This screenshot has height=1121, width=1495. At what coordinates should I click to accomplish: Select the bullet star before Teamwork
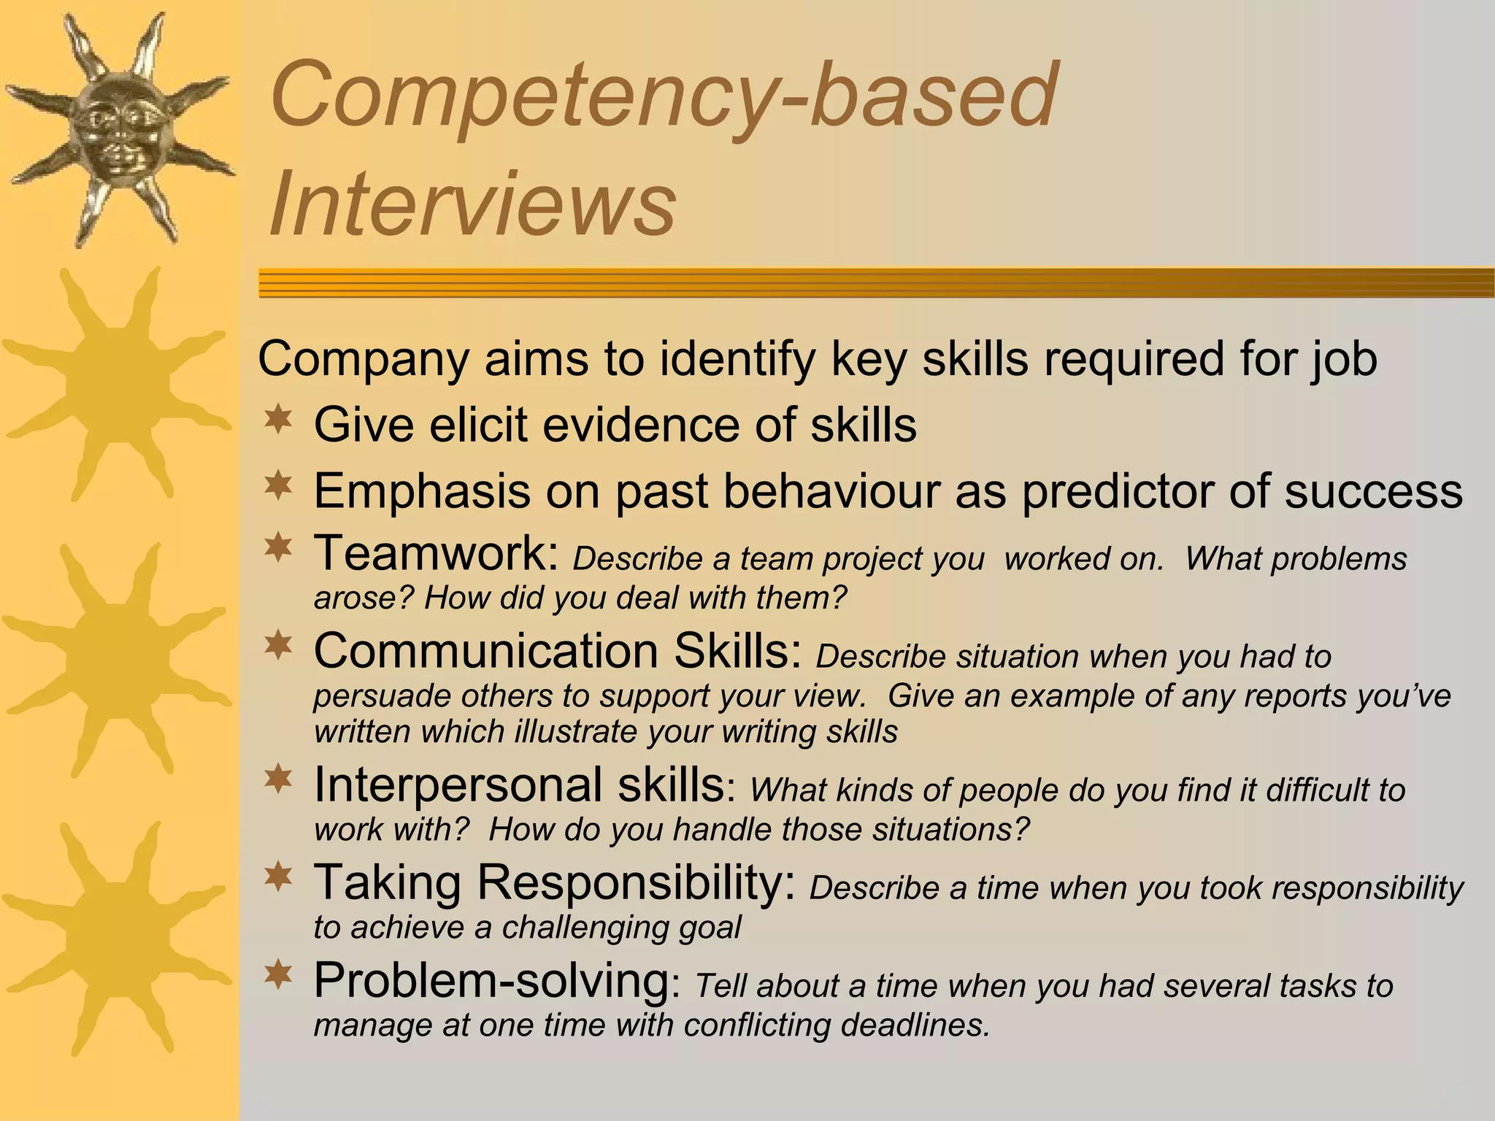(x=278, y=549)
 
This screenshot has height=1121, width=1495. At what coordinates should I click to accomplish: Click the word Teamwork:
(x=437, y=553)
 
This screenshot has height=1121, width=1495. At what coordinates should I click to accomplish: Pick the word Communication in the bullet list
(x=486, y=650)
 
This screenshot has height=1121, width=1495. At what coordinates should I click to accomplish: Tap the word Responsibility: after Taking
(x=636, y=882)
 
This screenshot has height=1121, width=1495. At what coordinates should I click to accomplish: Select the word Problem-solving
(x=491, y=980)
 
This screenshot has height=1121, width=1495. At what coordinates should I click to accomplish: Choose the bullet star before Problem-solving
(x=278, y=974)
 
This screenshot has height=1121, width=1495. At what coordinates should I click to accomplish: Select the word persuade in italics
(x=381, y=696)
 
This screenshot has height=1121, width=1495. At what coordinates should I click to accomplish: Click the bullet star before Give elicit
(x=278, y=420)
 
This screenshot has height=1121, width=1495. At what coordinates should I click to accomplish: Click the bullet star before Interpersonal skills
(x=278, y=779)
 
